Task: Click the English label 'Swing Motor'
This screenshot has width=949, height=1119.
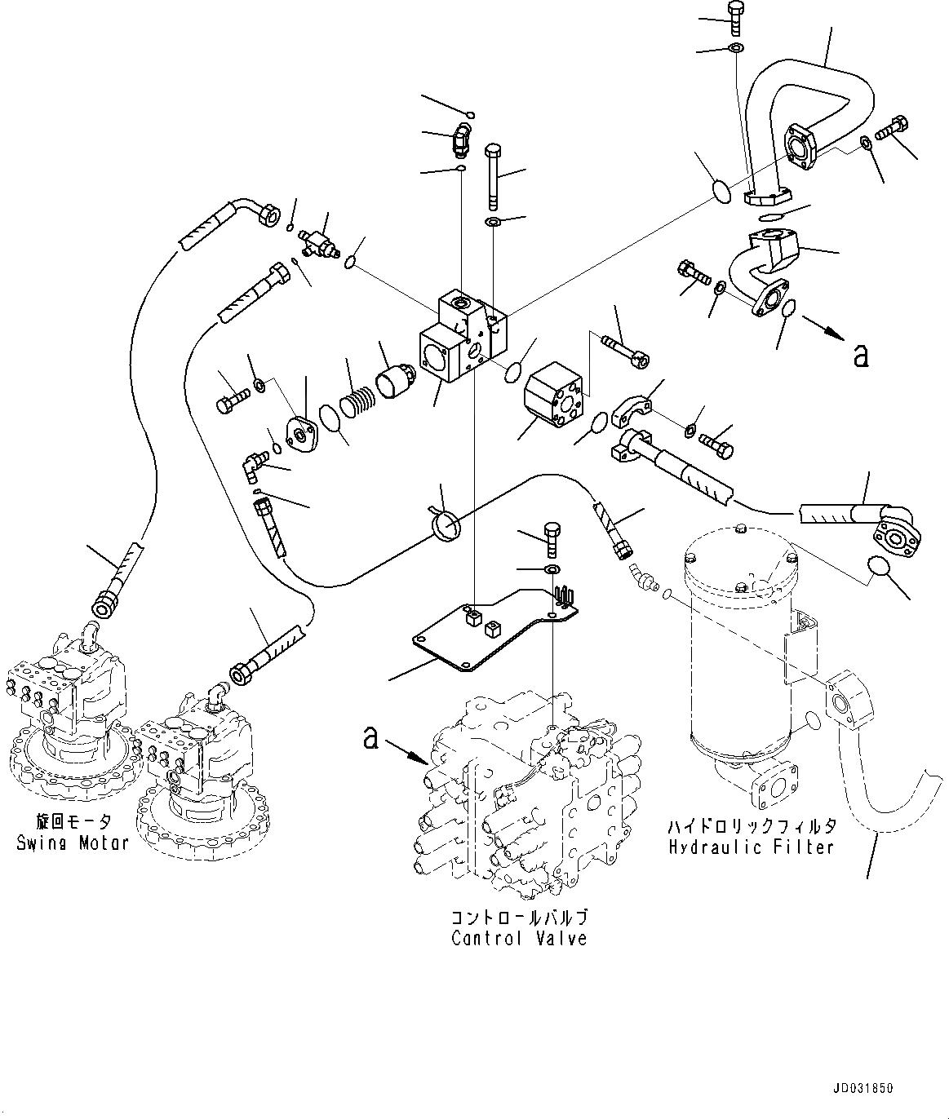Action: tap(73, 843)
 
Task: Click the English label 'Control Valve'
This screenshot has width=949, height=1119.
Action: tap(519, 939)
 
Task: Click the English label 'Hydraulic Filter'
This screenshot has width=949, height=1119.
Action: tap(751, 847)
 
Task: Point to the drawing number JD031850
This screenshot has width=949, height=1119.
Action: tap(863, 1089)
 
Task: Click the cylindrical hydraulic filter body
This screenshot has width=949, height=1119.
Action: tap(738, 661)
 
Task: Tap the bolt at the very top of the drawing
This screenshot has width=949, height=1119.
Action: tap(733, 16)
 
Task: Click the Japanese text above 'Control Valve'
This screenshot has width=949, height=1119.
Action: tap(519, 918)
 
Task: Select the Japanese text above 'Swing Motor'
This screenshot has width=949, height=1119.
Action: tap(73, 821)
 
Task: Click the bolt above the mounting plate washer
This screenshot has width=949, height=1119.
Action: tap(548, 534)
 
